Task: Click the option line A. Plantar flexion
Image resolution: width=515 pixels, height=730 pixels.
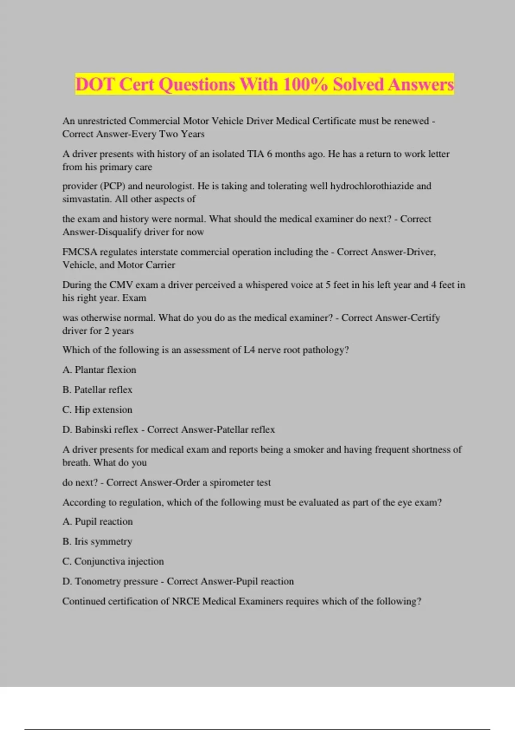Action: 99,370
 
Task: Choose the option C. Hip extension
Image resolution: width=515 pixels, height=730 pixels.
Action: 97,410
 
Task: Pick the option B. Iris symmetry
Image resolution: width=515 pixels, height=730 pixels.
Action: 97,541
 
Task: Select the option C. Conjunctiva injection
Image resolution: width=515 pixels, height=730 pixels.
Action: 113,561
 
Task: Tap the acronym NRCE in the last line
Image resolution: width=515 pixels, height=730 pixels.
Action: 186,601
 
